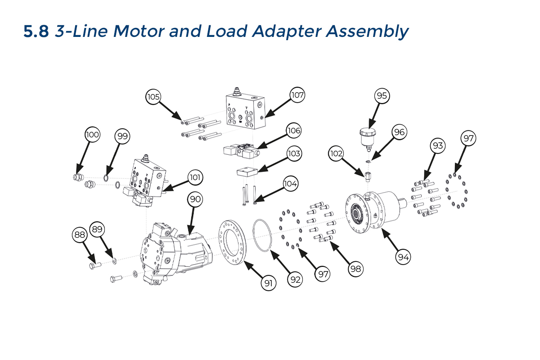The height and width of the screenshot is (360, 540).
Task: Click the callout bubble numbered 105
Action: point(153,97)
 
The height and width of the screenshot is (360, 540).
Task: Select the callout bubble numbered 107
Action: point(297,95)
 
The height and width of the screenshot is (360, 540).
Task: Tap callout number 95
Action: point(382,96)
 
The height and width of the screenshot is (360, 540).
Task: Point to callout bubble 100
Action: point(93,135)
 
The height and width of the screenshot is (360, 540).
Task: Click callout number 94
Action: point(403,256)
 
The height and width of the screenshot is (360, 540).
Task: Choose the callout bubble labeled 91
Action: point(269,283)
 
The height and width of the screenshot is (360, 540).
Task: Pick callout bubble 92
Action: point(295,279)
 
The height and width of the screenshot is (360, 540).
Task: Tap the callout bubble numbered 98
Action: point(355,269)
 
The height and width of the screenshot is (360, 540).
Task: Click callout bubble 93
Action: point(437,146)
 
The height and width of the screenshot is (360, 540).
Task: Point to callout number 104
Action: point(290,184)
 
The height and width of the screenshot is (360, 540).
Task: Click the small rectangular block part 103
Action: point(247,172)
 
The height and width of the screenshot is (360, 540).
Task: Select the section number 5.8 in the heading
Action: point(36,31)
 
